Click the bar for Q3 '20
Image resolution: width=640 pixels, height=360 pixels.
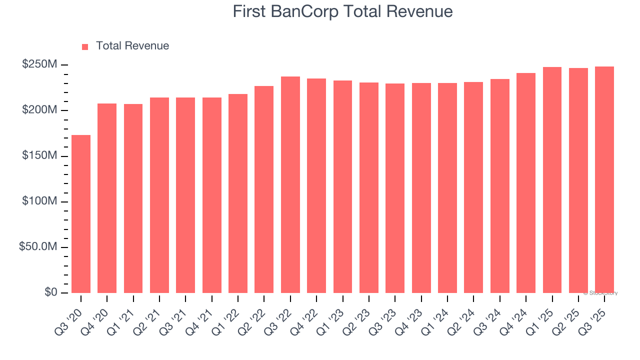pyautogui.click(x=81, y=214)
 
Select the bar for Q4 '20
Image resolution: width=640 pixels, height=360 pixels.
pyautogui.click(x=107, y=198)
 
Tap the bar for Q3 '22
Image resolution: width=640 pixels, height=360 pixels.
pyautogui.click(x=290, y=184)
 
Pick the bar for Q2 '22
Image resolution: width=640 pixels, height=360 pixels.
pyautogui.click(x=264, y=189)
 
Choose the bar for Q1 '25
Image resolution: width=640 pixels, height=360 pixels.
pyautogui.click(x=552, y=180)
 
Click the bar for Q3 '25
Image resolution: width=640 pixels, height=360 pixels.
pyautogui.click(x=604, y=179)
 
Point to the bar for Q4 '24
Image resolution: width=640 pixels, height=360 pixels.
pyautogui.click(x=526, y=183)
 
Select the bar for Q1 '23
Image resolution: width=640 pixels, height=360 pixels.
pyautogui.click(x=342, y=186)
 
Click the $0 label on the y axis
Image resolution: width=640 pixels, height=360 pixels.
pyautogui.click(x=50, y=292)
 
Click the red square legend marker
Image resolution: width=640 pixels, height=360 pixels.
pyautogui.click(x=85, y=46)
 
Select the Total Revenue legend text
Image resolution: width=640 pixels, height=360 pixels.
pyautogui.click(x=132, y=46)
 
